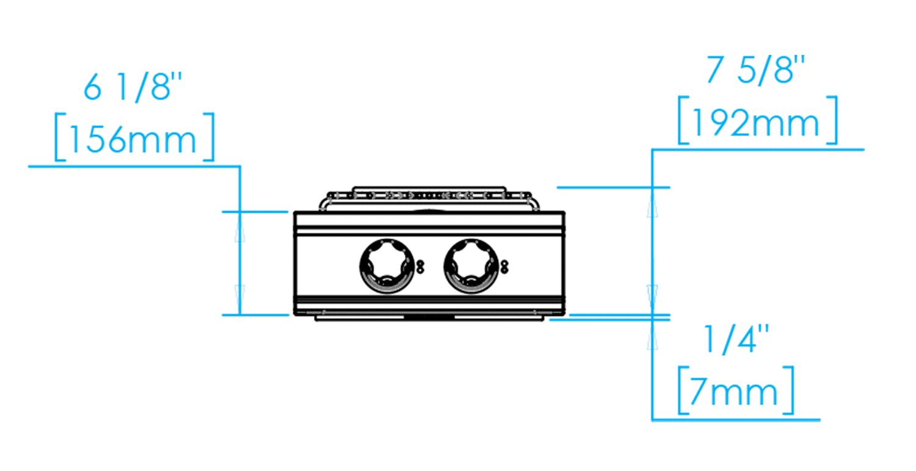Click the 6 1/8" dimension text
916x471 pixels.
point(133,87)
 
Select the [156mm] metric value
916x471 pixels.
point(134,137)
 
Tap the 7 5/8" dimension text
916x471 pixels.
point(755,71)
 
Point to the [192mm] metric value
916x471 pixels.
point(757,121)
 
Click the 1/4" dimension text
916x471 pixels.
point(736,339)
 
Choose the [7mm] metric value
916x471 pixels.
point(736,390)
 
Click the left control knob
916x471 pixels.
point(387,267)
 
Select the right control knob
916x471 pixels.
point(471,267)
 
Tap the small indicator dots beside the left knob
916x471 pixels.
point(420,267)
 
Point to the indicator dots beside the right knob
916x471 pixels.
point(504,267)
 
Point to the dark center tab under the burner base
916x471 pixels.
point(429,317)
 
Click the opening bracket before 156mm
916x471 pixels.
point(60,137)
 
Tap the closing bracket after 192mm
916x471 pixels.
point(832,121)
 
